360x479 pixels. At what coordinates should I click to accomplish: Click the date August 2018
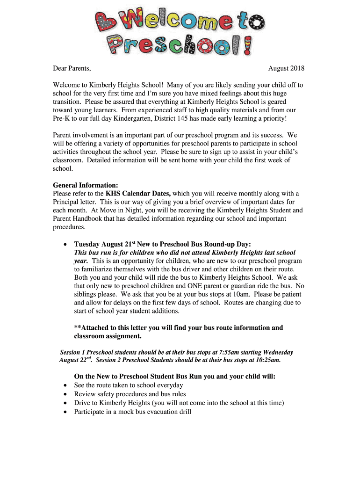pyautogui.click(x=286, y=69)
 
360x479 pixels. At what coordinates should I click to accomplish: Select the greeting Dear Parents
pyautogui.click(x=72, y=69)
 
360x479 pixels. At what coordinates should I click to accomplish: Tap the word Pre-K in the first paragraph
pyautogui.click(x=61, y=118)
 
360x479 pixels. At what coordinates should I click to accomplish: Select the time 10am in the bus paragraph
pyautogui.click(x=243, y=294)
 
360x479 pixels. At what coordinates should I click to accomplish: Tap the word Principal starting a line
pyautogui.click(x=66, y=202)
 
